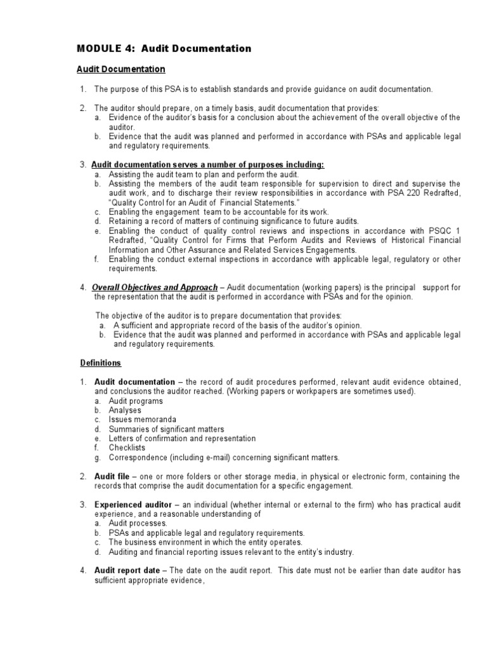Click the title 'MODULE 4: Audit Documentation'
tap(164, 48)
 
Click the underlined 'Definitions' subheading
tap(100, 363)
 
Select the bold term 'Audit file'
tap(114, 476)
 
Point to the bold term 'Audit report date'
tap(127, 570)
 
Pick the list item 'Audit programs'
tap(136, 401)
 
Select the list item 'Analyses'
tap(125, 411)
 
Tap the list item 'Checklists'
tap(127, 448)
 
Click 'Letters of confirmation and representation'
tap(182, 439)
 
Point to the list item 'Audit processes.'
tap(138, 523)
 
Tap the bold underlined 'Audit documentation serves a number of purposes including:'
tap(208, 165)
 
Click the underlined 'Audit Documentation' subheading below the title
tap(120, 69)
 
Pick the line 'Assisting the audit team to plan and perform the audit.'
tap(204, 174)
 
